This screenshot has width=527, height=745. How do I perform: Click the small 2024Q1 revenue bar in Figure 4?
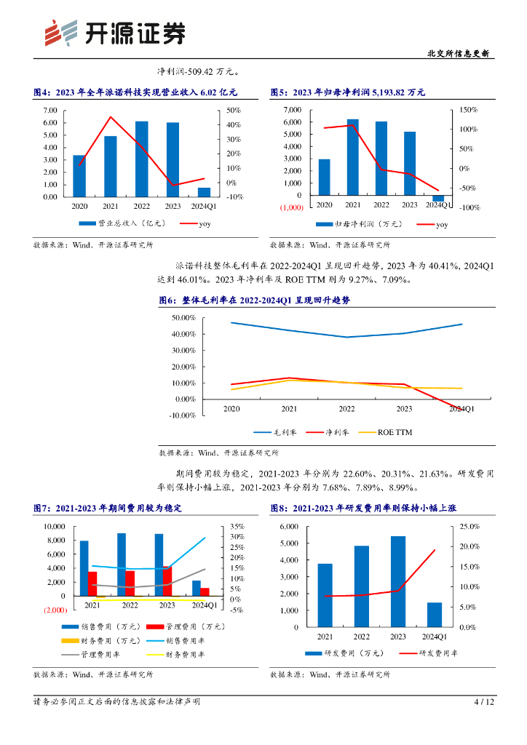point(204,192)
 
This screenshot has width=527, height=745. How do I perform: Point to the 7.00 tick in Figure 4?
point(50,110)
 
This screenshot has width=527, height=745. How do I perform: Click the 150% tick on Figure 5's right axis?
point(469,109)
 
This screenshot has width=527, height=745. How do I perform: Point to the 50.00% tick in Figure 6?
point(183,318)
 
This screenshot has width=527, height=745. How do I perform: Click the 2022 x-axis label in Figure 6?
point(346,410)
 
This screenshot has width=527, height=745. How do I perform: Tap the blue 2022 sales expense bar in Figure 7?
point(122,565)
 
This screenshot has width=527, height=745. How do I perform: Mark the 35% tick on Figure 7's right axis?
point(237,526)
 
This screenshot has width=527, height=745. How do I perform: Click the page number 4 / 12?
point(484,702)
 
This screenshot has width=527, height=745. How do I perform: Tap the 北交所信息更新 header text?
point(457,54)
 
